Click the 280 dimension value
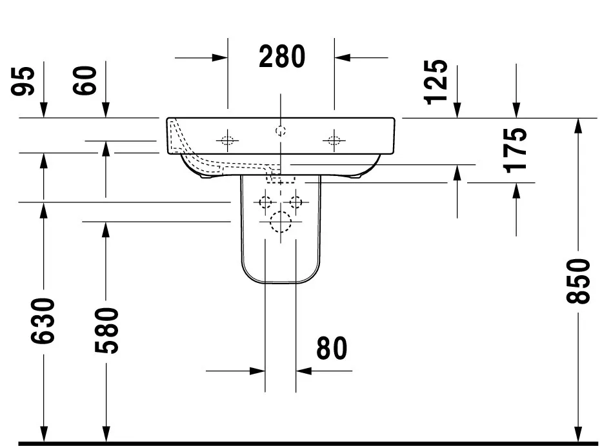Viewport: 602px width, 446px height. point(282,57)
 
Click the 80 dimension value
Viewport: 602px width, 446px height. point(332,349)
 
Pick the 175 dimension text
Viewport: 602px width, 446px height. point(516,150)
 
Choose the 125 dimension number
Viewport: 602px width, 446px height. point(437,81)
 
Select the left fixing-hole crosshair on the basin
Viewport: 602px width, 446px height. point(227,139)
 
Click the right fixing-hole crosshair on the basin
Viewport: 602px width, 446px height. point(334,139)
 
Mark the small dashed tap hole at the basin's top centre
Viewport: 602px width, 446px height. point(281,131)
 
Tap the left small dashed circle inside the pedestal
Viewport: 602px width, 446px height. point(265,202)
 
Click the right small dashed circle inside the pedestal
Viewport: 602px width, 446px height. point(296,202)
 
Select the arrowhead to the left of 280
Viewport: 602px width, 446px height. point(220,57)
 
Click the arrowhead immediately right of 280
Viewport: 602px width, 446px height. point(342,57)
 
